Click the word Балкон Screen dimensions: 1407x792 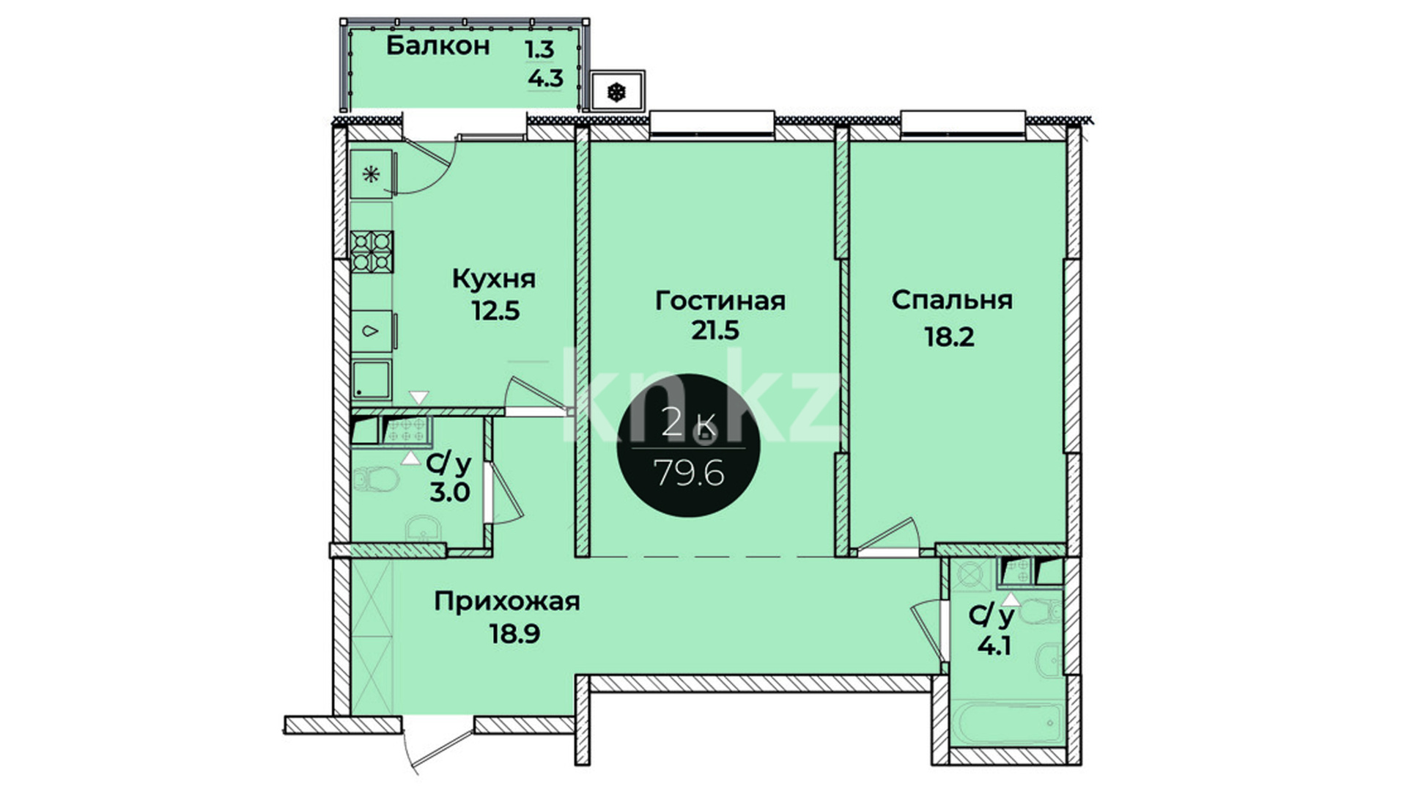437,45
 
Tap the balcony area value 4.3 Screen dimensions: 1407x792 546,78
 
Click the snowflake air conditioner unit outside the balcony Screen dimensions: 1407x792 618,92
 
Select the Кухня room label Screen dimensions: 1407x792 493,279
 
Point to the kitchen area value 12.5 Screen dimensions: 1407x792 495,311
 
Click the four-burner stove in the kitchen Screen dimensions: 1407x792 372,252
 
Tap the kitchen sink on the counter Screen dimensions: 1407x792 372,331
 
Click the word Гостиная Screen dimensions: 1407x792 720,301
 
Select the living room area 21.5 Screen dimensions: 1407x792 715,331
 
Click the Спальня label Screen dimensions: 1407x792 952,300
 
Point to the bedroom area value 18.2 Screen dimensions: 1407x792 950,337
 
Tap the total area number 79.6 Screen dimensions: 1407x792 689,474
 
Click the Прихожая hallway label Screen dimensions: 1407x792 506,602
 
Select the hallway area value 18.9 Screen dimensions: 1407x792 515,633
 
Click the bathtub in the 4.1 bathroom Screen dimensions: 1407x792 1007,724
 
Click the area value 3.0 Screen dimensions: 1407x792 450,492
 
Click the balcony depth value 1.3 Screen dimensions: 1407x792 539,49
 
